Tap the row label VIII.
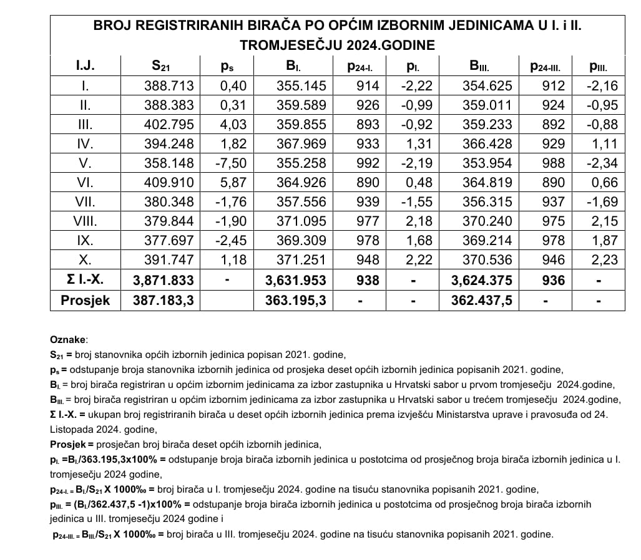(85, 221)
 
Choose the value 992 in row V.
(368, 163)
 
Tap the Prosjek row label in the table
(85, 300)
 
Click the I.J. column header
(85, 65)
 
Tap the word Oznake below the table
(69, 340)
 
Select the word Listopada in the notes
(72, 429)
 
